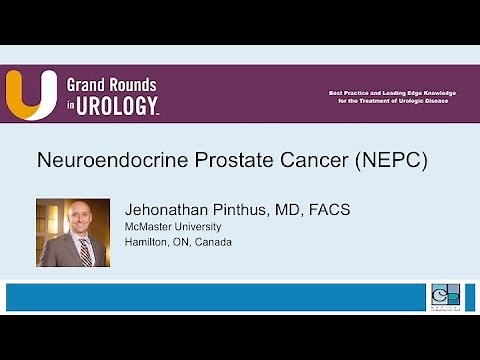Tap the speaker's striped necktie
[86, 252]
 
